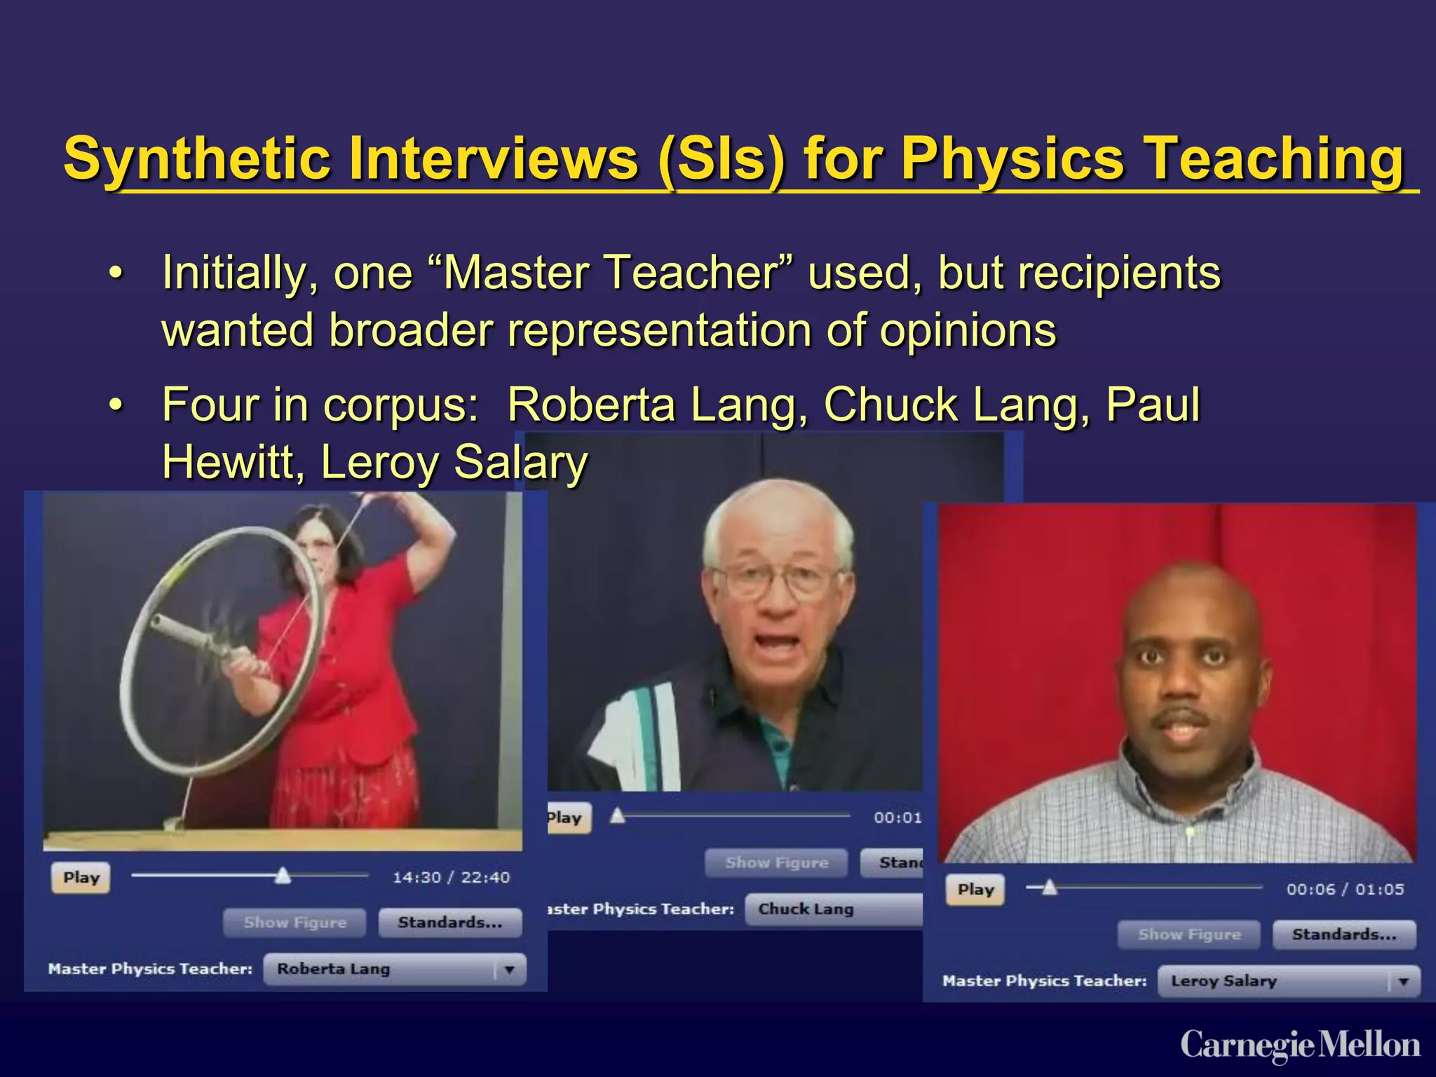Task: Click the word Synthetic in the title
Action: pos(197,159)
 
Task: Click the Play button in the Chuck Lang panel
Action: pos(567,818)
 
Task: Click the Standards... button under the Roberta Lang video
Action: pos(450,923)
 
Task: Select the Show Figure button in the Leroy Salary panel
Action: pos(1189,935)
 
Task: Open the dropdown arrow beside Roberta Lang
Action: pos(510,970)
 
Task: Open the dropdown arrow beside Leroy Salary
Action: pos(1403,982)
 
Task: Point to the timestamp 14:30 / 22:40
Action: pos(451,877)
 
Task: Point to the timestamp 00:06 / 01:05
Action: pos(1345,889)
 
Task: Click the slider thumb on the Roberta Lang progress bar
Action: pos(283,875)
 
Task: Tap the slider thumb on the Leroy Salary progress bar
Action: pos(1049,887)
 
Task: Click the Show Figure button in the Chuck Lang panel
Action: pos(776,863)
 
